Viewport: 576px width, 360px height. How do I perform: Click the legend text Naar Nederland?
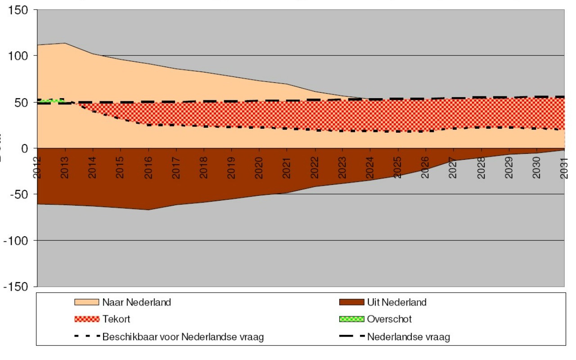(137, 302)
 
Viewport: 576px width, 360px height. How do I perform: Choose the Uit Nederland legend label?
(396, 302)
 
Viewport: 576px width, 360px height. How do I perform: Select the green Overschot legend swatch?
(351, 319)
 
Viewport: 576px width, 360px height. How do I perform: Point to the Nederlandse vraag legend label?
(408, 337)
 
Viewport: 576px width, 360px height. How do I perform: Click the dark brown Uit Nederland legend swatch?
(351, 302)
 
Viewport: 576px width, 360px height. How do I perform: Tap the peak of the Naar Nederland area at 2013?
(65, 43)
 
